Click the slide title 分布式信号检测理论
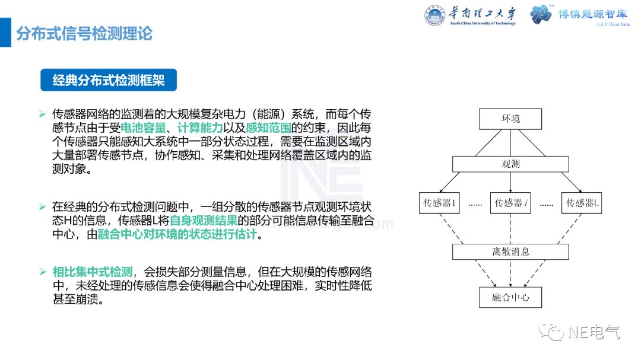pos(84,33)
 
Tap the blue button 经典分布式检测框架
pos(109,80)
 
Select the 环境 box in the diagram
pos(510,119)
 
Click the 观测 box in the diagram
pos(510,164)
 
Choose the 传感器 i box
pos(510,203)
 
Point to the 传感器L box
pos(582,203)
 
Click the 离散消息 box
pos(510,251)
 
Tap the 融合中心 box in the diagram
pos(510,297)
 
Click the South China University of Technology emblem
pos(436,15)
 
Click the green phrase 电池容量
pos(143,128)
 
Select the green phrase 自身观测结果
pos(204,221)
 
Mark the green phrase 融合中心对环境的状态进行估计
pos(177,234)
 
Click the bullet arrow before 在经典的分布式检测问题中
pos(42,207)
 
